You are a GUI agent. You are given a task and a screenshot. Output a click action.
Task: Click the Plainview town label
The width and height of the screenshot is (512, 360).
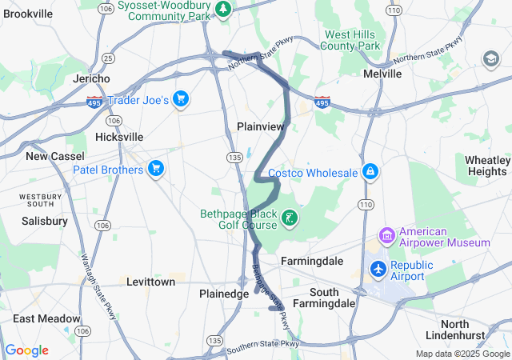(261, 126)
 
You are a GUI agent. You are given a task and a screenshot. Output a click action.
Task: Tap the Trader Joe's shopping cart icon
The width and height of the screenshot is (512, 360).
(182, 99)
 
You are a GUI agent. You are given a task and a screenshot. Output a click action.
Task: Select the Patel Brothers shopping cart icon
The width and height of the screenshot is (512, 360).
(156, 169)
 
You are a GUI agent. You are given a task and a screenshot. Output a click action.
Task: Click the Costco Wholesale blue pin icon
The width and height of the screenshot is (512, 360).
(370, 172)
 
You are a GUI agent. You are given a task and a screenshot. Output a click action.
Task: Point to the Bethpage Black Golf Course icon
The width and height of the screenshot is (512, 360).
(290, 217)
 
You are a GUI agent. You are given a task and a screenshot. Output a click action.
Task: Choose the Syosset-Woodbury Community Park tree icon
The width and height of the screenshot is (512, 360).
(225, 9)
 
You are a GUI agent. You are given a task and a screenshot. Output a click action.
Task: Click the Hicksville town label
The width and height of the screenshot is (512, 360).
(118, 137)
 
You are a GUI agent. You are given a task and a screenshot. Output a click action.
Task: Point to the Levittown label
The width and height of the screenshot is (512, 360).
(150, 282)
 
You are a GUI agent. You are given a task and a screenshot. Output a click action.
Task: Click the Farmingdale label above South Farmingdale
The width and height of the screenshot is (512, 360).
(312, 261)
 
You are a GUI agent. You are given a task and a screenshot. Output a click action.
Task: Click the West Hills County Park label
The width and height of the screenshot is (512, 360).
(350, 40)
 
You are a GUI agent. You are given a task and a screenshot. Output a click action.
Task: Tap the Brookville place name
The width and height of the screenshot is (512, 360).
(28, 14)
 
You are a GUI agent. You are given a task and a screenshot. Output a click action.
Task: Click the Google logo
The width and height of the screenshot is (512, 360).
(26, 350)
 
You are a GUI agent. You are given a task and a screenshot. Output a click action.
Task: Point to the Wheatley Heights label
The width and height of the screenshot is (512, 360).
(486, 166)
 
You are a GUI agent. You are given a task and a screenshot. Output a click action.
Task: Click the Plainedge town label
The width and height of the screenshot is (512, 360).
(224, 294)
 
